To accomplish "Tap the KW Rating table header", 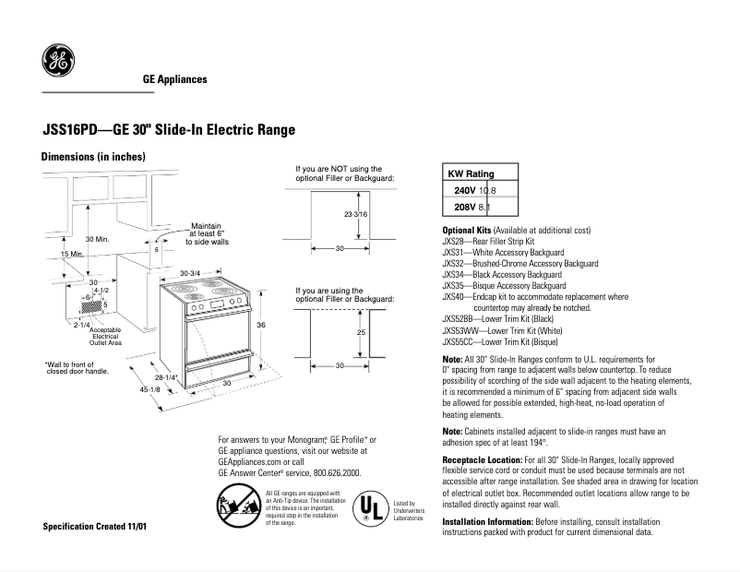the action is pyautogui.click(x=471, y=173).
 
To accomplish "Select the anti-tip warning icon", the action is pyautogui.click(x=237, y=507).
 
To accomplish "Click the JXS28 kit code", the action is pyautogui.click(x=454, y=240).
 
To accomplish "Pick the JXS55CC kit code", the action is pyautogui.click(x=460, y=340).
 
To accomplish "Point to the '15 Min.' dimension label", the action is pyautogui.click(x=71, y=254).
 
